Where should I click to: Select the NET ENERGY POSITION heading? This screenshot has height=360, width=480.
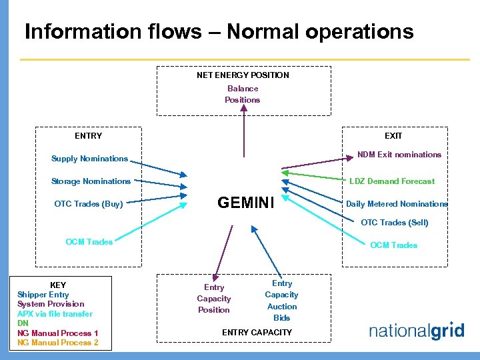point(243,75)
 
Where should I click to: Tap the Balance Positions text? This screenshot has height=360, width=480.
point(243,94)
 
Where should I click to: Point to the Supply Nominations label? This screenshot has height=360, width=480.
point(89,159)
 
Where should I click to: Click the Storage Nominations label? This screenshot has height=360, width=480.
point(91,181)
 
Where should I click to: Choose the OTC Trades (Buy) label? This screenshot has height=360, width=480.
point(89,204)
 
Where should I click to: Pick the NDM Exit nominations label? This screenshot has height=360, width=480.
point(399,155)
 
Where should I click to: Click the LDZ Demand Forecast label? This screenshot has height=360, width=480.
point(392,181)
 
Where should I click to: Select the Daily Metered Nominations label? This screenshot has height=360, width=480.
point(397,204)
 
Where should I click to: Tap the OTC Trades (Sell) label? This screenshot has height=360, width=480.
point(394,223)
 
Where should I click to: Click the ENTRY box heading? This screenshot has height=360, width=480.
point(89,136)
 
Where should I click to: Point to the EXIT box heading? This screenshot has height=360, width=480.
point(393,136)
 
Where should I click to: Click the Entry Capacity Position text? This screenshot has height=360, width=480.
point(214,299)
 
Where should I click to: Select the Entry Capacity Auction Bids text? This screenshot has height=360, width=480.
point(282,301)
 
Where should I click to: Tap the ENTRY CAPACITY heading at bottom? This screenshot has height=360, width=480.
point(257,332)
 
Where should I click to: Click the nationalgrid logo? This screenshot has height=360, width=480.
point(416,331)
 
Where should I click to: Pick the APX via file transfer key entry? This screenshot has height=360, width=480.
point(55,314)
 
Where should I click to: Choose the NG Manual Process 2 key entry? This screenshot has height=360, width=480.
point(58,343)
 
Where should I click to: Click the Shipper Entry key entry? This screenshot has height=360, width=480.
point(43,295)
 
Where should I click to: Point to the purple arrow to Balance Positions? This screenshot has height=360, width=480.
point(243,143)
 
